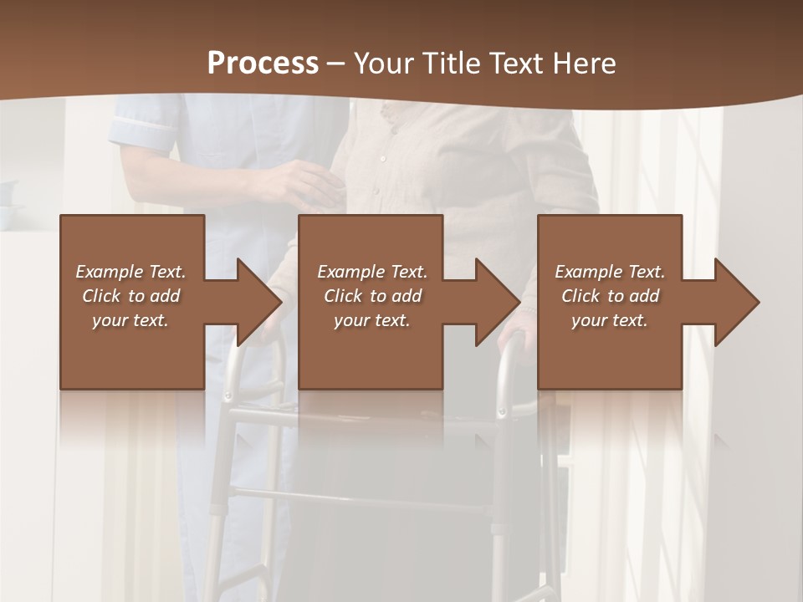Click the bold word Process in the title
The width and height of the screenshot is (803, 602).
click(263, 64)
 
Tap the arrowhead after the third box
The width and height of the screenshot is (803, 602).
click(735, 302)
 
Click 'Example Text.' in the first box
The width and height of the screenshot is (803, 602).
click(131, 272)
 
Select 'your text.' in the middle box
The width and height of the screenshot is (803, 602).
click(372, 320)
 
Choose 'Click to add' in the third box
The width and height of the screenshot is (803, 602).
click(611, 296)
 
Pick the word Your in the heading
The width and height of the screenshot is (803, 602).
click(384, 64)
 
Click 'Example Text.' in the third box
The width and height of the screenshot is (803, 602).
click(610, 272)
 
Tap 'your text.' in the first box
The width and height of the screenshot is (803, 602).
click(130, 320)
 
